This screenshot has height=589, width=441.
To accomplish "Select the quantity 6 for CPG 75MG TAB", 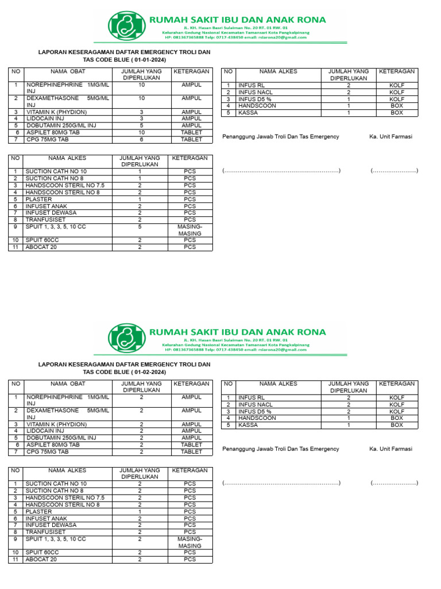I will pos(141,139).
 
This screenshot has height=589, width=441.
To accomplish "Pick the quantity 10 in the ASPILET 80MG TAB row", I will pos(141,132).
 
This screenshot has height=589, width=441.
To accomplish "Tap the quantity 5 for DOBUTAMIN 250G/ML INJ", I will pos(141,125).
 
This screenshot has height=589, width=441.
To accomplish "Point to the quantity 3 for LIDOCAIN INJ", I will pos(141,118).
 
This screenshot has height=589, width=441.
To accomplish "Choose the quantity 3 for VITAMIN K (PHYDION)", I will pos(141,112).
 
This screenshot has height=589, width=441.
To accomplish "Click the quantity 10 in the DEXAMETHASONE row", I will pos(141,98).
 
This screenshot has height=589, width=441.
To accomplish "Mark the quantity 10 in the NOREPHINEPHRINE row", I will pos(141,85).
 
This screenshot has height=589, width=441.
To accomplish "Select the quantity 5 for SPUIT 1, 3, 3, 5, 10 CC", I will pos(140,227).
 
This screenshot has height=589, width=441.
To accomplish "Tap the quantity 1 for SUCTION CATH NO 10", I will pos(140,171).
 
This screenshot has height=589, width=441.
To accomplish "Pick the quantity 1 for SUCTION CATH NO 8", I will pos(140,178).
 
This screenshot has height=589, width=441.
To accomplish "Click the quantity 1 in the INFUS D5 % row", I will pos(349,99).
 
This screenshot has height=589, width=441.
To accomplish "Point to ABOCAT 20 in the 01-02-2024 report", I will pos(41,559).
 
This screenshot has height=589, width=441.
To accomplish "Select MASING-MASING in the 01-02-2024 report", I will pos(190,542).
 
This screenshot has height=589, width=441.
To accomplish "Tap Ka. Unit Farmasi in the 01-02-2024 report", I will pos(391,449).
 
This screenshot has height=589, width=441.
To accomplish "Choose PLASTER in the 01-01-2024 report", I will pos(38,199).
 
